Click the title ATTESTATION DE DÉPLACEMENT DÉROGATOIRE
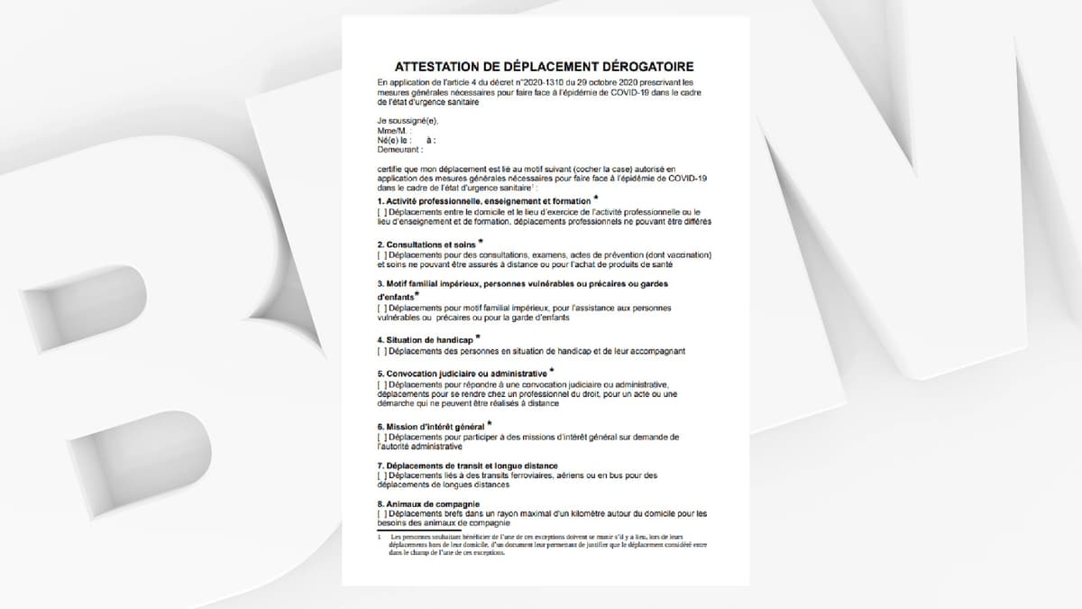(x=545, y=67)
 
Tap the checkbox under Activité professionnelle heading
(x=381, y=212)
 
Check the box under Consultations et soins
(x=381, y=255)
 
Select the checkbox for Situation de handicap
(x=381, y=351)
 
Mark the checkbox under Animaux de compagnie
(x=381, y=514)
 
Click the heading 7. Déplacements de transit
(x=473, y=466)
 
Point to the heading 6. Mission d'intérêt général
(x=431, y=427)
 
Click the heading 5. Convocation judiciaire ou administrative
(x=462, y=374)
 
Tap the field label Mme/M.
(x=389, y=131)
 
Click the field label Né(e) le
(x=394, y=141)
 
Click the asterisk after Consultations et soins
(x=481, y=242)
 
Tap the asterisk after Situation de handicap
(x=478, y=337)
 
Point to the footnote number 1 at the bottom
(x=380, y=537)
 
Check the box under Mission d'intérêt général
(x=381, y=437)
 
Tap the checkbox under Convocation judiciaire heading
(x=381, y=384)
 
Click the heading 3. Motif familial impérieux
(x=523, y=284)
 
